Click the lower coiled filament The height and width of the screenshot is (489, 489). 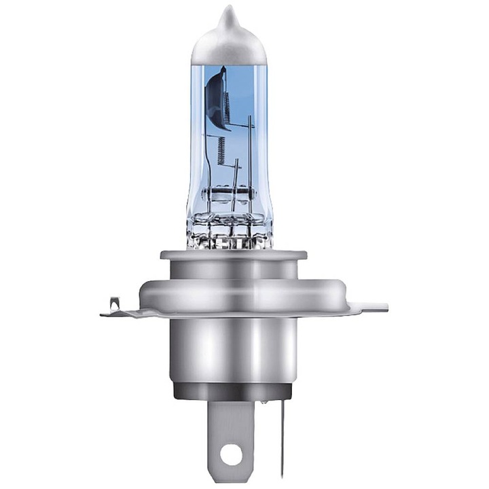coord(221,149)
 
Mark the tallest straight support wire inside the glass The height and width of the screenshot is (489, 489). coord(250,156)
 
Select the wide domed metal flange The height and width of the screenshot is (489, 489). coord(229,292)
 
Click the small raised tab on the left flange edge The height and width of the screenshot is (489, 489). coord(112,303)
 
